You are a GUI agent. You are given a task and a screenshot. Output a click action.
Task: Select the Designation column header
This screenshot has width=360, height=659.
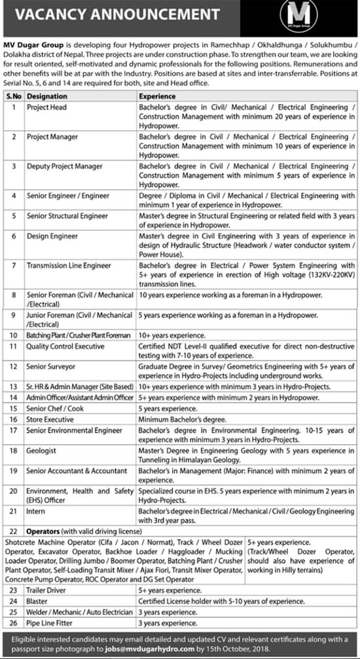click(x=48, y=96)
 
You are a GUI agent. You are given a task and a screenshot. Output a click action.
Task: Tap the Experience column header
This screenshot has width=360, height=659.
click(x=157, y=96)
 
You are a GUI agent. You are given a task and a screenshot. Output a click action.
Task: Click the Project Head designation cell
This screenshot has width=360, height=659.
click(x=46, y=107)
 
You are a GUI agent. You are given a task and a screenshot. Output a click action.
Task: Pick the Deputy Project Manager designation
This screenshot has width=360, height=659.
click(x=64, y=166)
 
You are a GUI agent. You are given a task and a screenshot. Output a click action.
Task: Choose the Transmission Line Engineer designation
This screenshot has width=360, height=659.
click(x=69, y=266)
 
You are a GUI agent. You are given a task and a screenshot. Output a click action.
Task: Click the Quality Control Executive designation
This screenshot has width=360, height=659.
click(x=65, y=346)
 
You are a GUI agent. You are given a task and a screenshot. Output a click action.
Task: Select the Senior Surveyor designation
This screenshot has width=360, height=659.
click(x=51, y=367)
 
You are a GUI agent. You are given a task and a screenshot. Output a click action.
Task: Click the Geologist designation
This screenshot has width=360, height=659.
click(x=42, y=451)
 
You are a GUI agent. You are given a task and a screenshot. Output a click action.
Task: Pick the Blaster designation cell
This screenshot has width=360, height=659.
click(x=37, y=599)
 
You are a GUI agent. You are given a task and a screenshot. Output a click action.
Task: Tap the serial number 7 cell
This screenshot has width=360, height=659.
click(x=13, y=266)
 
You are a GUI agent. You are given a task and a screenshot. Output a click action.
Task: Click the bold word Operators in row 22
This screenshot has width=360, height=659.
click(x=43, y=531)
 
